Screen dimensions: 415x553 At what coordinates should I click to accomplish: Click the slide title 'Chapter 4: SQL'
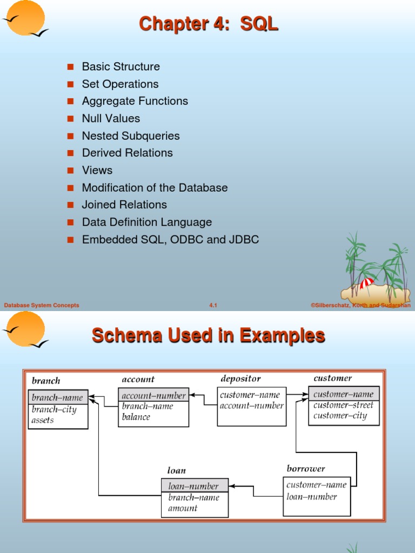[209, 24]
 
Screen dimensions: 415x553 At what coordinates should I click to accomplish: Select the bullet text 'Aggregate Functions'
[135, 101]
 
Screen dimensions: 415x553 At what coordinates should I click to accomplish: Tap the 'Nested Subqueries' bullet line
[130, 136]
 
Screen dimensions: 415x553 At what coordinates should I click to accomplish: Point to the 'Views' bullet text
[97, 170]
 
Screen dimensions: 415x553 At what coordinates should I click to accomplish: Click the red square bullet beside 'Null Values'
[70, 118]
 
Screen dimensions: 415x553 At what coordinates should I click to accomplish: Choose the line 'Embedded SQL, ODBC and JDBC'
[170, 239]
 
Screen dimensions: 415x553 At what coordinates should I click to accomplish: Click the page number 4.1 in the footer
[213, 306]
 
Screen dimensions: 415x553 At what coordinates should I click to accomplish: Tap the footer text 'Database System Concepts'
[42, 306]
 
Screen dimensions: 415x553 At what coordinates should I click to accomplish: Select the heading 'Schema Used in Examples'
[209, 335]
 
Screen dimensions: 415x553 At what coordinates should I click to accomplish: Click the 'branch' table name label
[46, 381]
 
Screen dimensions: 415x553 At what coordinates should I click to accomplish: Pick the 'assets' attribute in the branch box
[43, 420]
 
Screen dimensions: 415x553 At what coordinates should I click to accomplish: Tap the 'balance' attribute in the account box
[136, 417]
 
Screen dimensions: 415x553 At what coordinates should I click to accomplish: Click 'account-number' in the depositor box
[251, 406]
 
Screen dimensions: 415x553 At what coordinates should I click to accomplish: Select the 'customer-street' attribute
[343, 405]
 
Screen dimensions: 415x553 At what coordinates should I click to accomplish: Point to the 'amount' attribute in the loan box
[183, 508]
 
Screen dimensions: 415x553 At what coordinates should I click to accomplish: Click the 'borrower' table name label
[306, 469]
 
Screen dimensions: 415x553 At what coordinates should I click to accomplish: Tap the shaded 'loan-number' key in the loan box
[193, 486]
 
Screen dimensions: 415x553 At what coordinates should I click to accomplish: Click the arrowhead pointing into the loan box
[232, 487]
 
